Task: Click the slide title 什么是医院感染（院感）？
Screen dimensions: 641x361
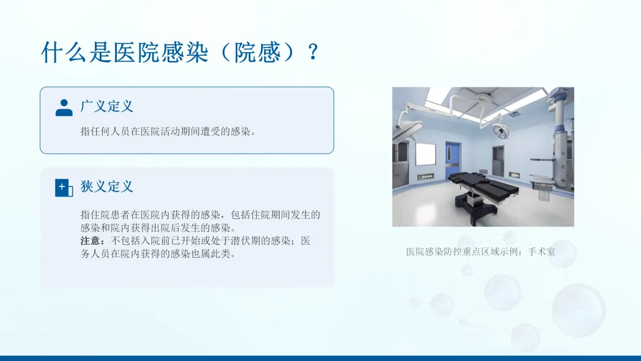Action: pyautogui.click(x=180, y=52)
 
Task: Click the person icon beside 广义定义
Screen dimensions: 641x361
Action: pyautogui.click(x=64, y=107)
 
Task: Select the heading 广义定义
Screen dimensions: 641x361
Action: pyautogui.click(x=107, y=106)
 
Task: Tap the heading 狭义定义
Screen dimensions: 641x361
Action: pyautogui.click(x=107, y=186)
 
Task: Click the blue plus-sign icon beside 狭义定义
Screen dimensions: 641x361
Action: pyautogui.click(x=64, y=188)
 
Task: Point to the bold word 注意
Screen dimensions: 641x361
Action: pyautogui.click(x=90, y=241)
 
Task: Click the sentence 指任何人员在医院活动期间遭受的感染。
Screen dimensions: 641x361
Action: pyautogui.click(x=168, y=131)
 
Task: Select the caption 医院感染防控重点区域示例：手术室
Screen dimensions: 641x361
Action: pyautogui.click(x=481, y=251)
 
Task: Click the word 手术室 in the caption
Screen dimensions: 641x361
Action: pyautogui.click(x=542, y=251)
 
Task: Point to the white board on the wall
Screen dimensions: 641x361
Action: pyautogui.click(x=426, y=154)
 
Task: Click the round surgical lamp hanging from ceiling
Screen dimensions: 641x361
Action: pyautogui.click(x=501, y=131)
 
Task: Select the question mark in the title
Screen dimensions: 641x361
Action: pyautogui.click(x=313, y=52)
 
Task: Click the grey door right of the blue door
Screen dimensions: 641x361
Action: pyautogui.click(x=499, y=161)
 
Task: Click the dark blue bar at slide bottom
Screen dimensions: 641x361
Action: pyautogui.click(x=320, y=358)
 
